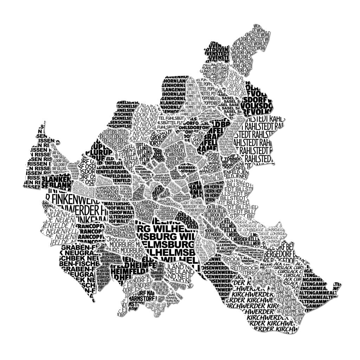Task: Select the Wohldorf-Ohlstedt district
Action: (250, 49)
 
